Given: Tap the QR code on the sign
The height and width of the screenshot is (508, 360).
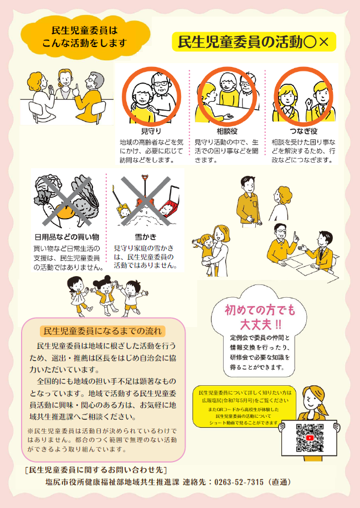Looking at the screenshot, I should point(309,437).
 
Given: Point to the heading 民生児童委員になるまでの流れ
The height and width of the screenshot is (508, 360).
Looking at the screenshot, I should point(103,331).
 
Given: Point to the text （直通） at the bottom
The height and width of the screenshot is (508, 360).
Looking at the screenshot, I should point(279,482).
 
